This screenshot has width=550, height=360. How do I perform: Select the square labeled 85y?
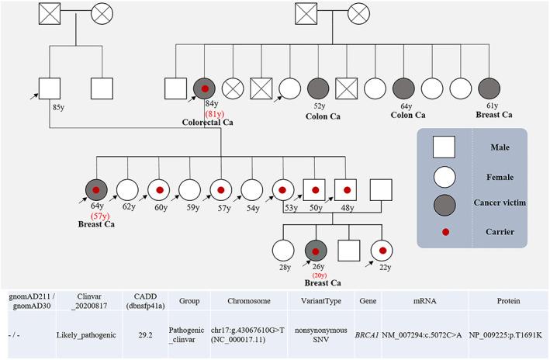51,89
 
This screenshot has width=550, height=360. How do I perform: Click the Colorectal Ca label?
208,122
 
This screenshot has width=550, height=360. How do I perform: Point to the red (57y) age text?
98,215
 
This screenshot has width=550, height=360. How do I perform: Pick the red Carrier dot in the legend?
446,231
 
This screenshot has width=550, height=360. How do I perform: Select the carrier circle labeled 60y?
158,189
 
